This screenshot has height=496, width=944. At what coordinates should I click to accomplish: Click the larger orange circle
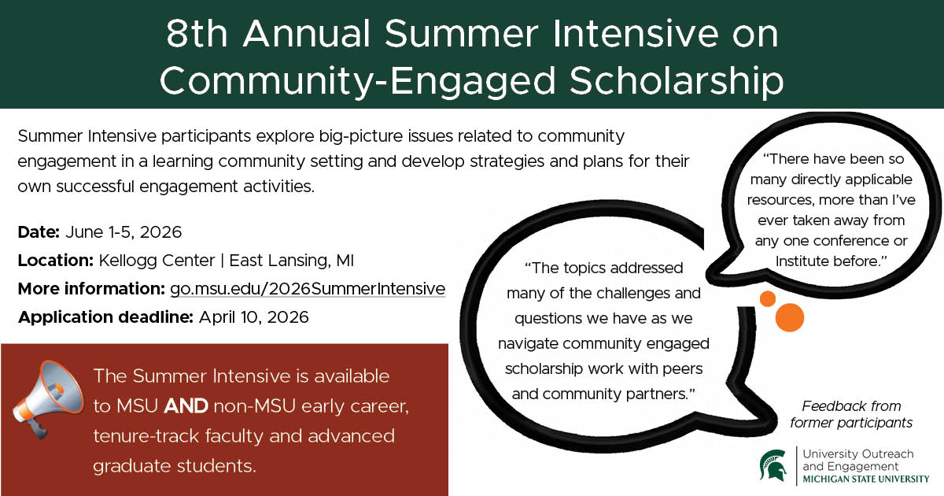(789, 317)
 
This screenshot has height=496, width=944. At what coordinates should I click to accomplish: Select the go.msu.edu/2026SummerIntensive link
(308, 289)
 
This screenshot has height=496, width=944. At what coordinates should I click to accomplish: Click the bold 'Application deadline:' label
(105, 317)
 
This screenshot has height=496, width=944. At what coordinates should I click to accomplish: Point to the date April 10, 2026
(254, 317)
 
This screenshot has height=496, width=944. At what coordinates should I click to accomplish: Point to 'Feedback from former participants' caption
(857, 415)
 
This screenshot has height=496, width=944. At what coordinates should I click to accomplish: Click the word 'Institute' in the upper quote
(805, 261)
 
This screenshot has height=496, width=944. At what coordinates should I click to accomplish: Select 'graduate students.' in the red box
(175, 465)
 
